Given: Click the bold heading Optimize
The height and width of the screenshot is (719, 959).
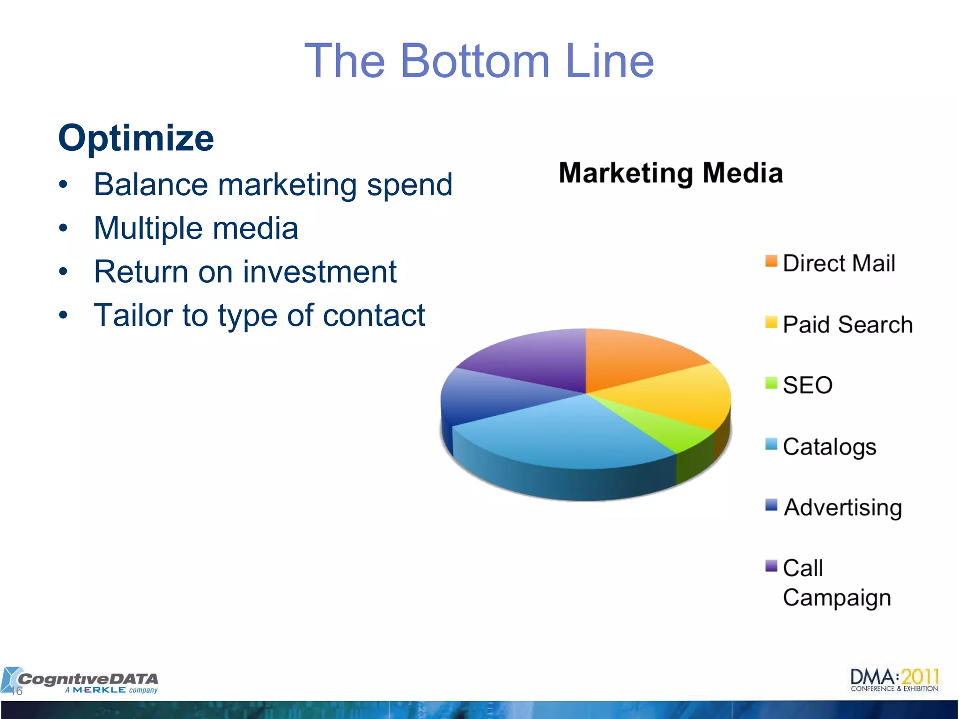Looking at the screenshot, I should click(x=136, y=138).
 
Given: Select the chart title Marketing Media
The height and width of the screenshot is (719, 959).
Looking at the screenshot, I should click(x=671, y=173).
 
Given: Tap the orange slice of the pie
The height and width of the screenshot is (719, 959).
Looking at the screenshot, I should click(x=637, y=358).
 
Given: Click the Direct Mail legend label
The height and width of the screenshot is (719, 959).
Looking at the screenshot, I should click(x=839, y=263).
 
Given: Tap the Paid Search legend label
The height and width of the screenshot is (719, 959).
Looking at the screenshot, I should click(x=848, y=324).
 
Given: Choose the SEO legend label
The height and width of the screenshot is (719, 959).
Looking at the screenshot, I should click(x=808, y=385).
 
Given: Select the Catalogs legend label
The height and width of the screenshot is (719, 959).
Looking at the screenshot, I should click(x=829, y=447).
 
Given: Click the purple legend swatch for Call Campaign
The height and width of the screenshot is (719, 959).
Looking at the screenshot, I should click(x=771, y=566).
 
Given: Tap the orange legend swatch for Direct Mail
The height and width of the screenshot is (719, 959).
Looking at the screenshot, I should click(x=771, y=261).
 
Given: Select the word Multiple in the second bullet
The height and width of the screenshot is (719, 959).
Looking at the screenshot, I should click(x=149, y=228).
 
